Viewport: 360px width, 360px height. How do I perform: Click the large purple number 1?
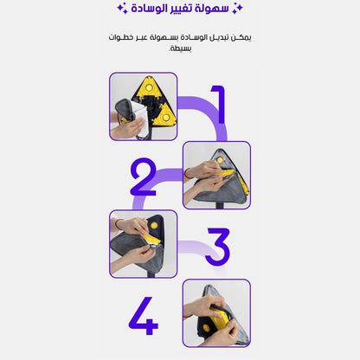[x=219, y=105]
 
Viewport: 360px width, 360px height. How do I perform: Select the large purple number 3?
[x=217, y=247]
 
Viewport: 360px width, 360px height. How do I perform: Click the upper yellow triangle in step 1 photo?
[x=149, y=89]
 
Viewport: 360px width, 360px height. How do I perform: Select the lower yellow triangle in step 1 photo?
[x=164, y=114]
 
